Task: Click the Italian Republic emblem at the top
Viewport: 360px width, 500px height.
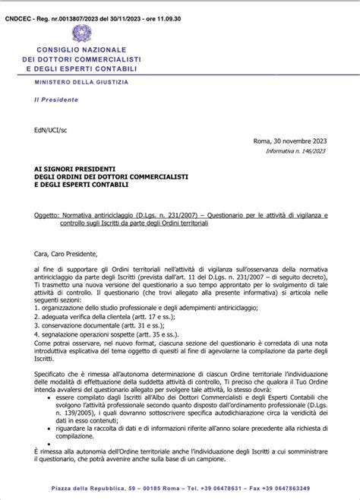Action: point(80,33)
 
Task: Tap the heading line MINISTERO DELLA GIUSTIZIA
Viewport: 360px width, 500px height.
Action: point(81,81)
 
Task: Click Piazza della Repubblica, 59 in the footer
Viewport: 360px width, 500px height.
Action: point(90,489)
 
